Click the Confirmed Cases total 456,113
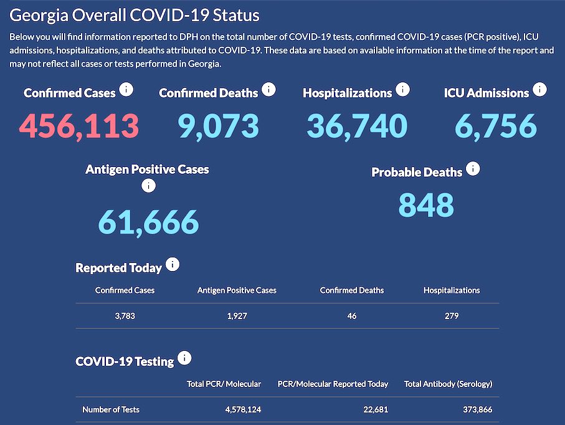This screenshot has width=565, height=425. point(79,126)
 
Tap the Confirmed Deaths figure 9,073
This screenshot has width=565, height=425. point(218,126)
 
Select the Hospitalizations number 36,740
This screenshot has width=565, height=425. point(357,126)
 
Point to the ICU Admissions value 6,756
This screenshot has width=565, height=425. point(495,126)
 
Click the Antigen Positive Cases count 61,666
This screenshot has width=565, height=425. point(148,221)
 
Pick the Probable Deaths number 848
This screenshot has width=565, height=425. point(426,205)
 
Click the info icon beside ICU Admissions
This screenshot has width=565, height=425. point(539,90)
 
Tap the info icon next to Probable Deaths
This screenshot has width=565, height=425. point(473,169)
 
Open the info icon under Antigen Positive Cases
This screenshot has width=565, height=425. point(148,185)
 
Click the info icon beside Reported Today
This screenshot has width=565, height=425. point(173,265)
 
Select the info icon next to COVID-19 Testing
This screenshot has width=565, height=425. point(184,358)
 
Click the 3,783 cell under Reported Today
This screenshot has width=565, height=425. point(125,316)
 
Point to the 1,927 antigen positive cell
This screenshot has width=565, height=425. point(237,316)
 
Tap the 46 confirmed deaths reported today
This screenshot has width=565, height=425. point(352,316)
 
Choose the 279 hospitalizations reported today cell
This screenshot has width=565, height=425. point(452,316)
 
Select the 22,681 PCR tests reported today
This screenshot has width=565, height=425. point(374,409)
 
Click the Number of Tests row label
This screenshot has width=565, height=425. point(111,409)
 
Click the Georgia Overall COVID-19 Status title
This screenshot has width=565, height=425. point(135,16)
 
